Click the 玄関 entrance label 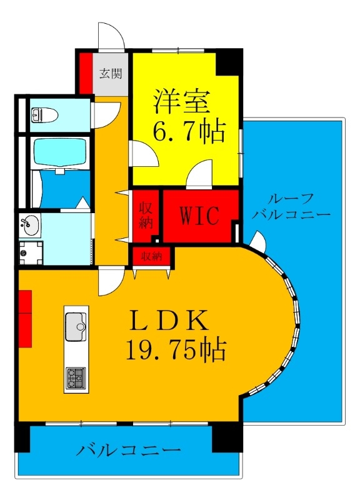[x=111, y=72]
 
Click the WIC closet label [x=199, y=216]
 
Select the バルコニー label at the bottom [x=130, y=450]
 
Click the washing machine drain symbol [x=26, y=253]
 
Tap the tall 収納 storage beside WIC [x=146, y=216]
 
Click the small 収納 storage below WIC [x=152, y=256]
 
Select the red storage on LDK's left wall [x=25, y=318]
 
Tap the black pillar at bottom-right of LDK [x=227, y=436]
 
